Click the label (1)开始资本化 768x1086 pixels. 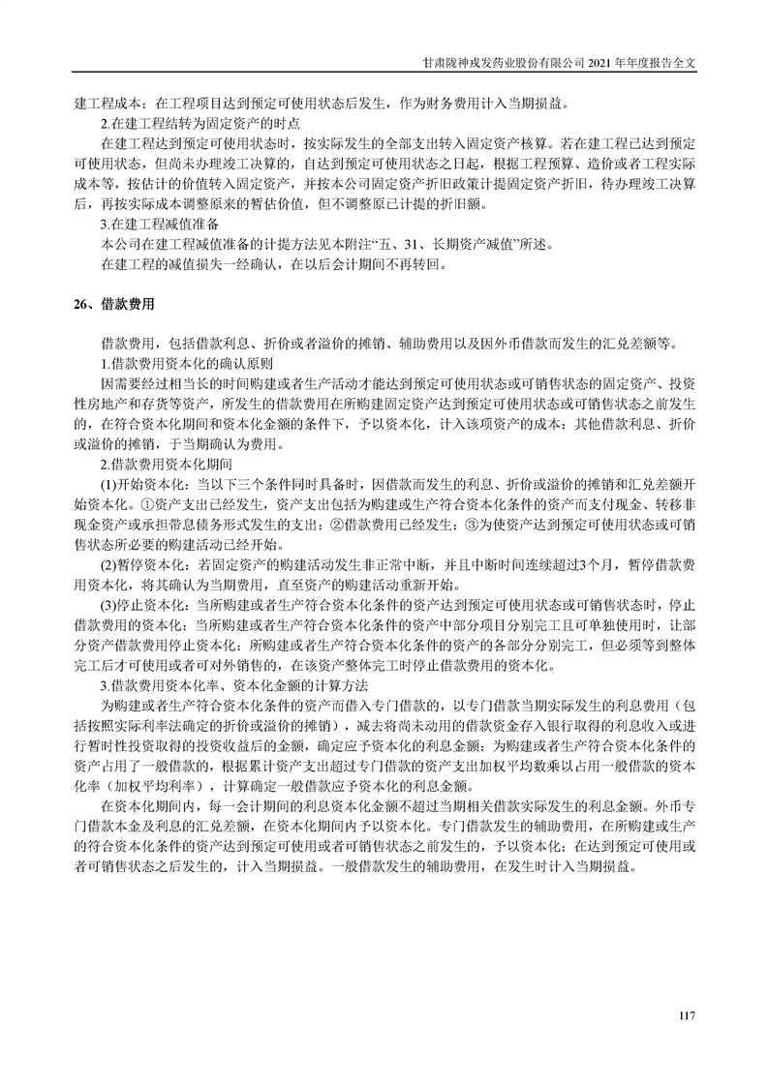[146, 484]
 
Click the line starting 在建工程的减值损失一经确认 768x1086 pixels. [275, 262]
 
